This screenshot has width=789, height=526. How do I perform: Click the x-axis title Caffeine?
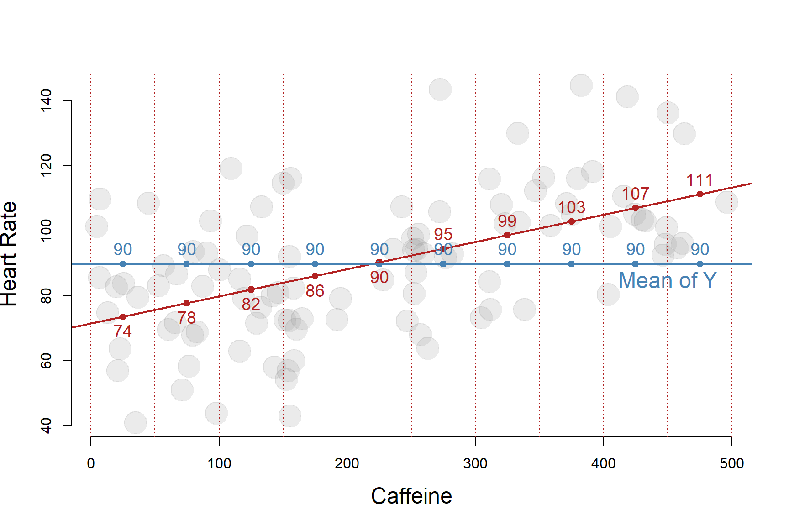click(x=411, y=496)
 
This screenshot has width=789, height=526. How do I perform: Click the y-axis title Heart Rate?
click(x=9, y=254)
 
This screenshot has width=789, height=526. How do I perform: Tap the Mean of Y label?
click(x=667, y=281)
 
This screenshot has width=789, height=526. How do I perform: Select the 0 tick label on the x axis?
click(x=91, y=463)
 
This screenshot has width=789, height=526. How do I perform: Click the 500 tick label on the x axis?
click(x=731, y=463)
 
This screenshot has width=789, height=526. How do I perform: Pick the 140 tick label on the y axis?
click(x=46, y=100)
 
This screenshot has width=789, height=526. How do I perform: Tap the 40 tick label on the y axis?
click(x=46, y=426)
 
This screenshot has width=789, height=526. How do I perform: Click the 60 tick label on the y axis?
click(x=46, y=361)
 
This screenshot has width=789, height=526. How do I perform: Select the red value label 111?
click(x=700, y=180)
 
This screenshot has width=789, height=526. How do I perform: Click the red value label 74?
click(x=122, y=331)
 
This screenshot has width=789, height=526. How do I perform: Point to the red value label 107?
click(x=635, y=194)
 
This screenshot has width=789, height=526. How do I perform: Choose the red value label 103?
click(x=571, y=208)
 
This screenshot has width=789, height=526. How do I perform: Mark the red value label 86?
click(x=315, y=291)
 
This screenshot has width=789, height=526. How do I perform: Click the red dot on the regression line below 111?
click(x=700, y=194)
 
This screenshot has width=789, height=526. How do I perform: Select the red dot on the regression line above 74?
click(x=122, y=317)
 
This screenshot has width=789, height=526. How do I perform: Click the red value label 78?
click(x=186, y=318)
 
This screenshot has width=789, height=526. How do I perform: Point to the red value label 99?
click(x=507, y=221)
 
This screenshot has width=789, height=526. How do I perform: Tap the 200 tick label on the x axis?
click(x=347, y=463)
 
